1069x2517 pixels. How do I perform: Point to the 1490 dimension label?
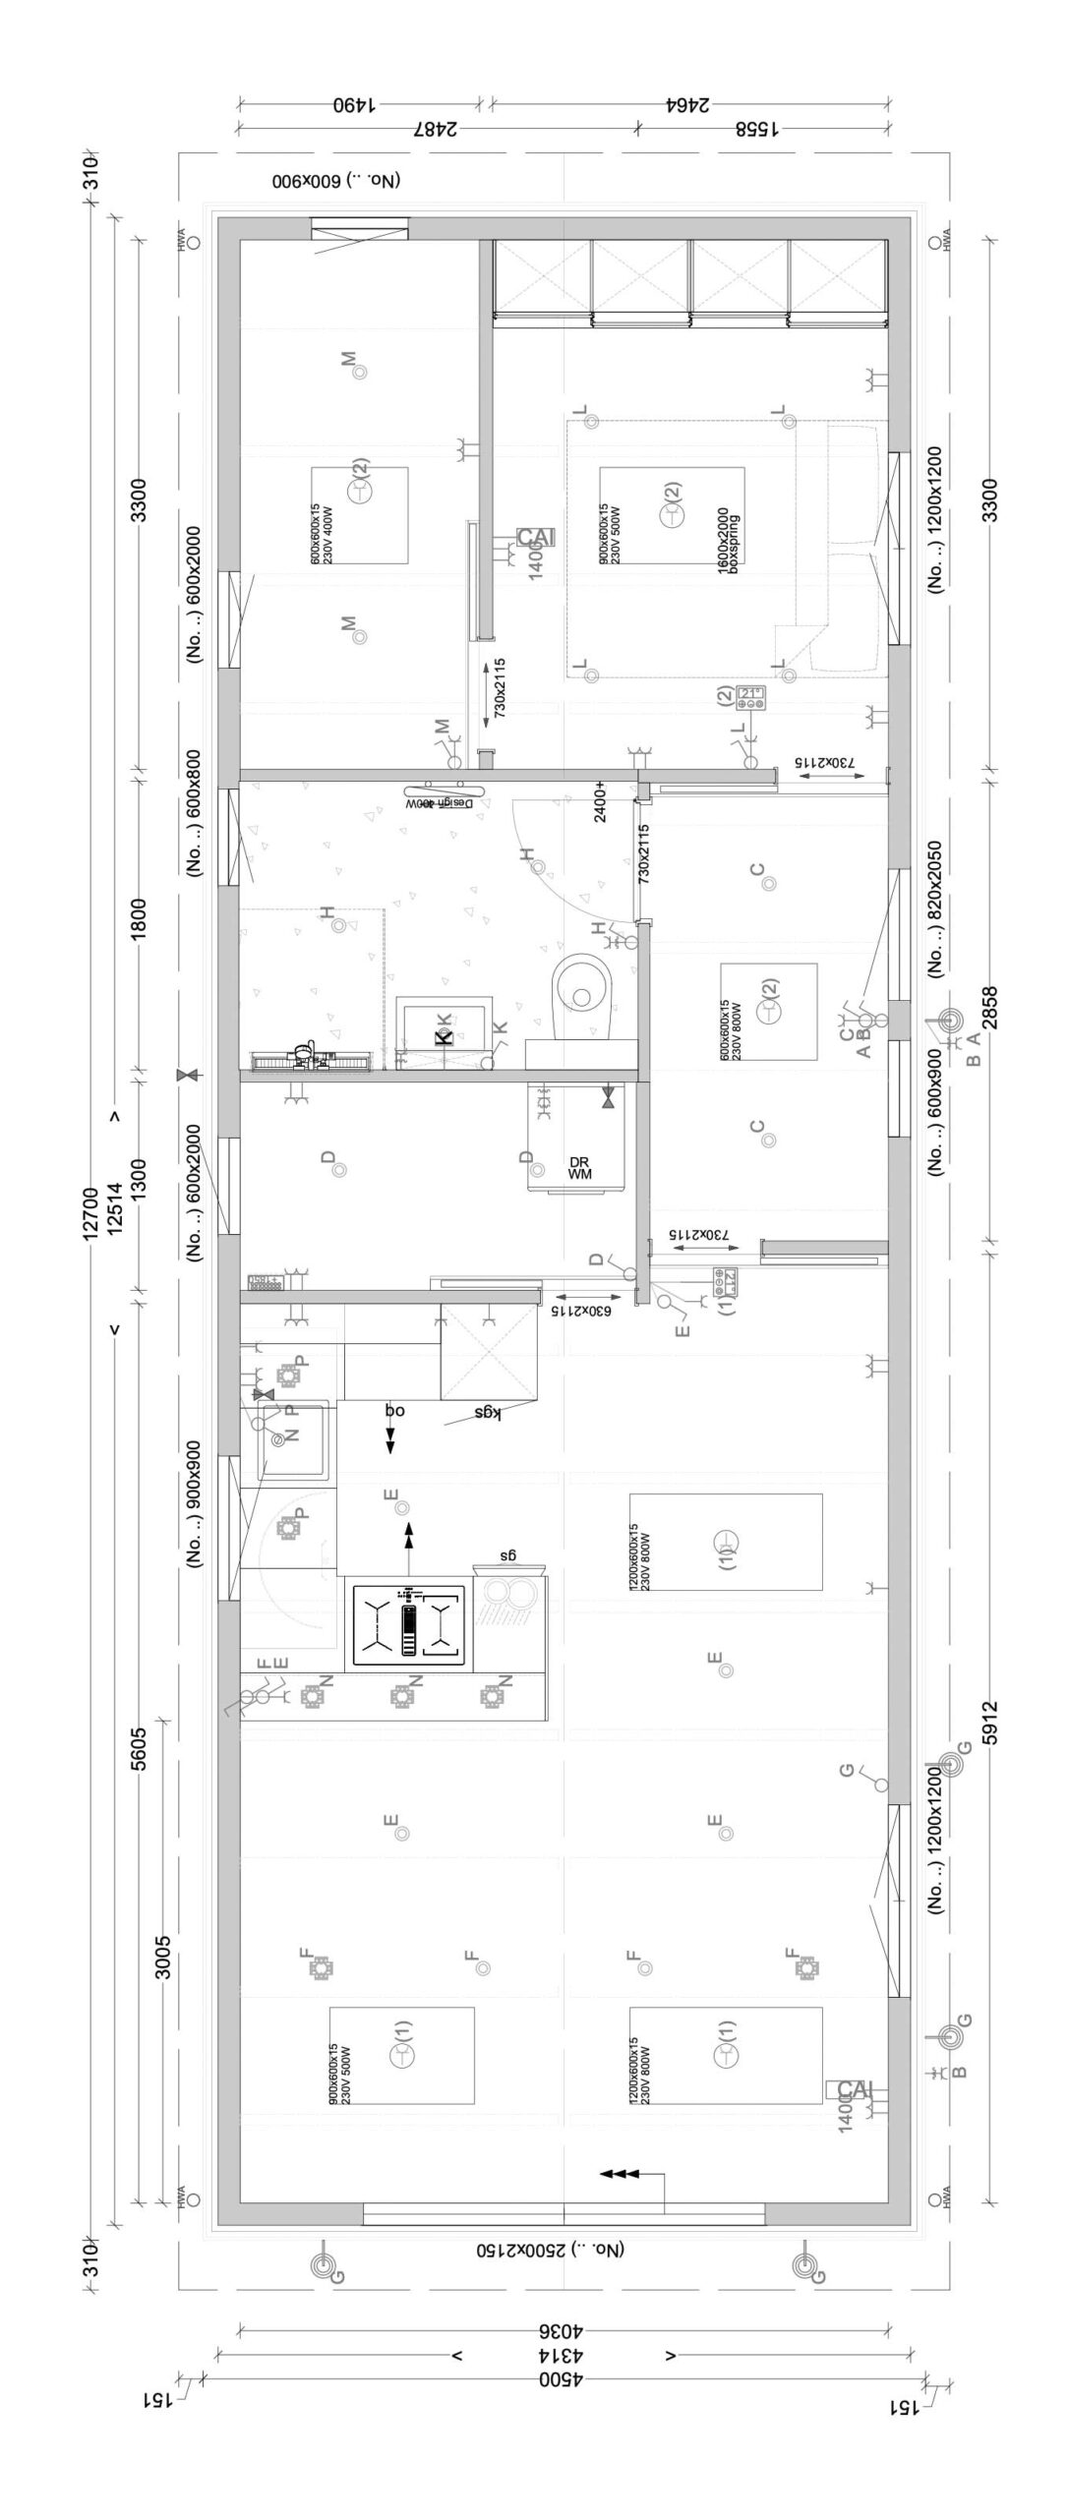(358, 105)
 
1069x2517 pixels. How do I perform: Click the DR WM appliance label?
(579, 1168)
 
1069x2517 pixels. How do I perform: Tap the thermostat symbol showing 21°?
(752, 696)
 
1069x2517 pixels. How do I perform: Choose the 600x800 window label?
(194, 811)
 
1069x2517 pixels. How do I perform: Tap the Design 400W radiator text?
(441, 803)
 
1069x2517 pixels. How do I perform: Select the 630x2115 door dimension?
(581, 1311)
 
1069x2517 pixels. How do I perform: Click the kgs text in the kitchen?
(489, 1413)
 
